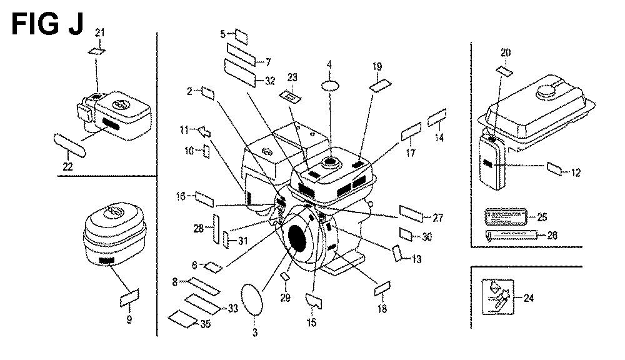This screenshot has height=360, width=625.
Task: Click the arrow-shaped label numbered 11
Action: (202, 131)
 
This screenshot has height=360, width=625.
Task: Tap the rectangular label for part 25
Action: (505, 217)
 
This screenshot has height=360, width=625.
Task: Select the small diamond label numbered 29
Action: (285, 276)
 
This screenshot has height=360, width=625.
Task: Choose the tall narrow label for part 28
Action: (215, 229)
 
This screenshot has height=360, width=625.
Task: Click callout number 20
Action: (506, 52)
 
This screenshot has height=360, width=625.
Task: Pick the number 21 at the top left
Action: (99, 33)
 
